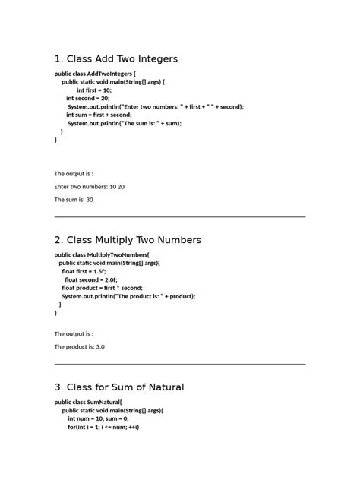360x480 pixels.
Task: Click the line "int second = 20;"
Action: point(87,98)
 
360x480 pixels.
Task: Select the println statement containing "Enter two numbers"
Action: point(155,106)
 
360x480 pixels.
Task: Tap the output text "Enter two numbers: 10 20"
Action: point(89,186)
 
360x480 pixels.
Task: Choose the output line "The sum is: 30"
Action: point(74,199)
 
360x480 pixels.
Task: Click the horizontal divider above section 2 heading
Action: point(179,217)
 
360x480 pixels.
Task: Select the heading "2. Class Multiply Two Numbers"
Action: point(128,240)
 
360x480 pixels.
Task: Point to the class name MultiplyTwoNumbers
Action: point(118,254)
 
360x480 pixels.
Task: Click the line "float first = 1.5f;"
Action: point(84,271)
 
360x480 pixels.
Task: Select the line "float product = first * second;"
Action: point(102,288)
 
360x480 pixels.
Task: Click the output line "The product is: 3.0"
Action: point(79,346)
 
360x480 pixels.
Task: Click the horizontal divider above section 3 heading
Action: point(179,365)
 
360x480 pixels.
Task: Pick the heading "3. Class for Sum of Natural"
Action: point(119,387)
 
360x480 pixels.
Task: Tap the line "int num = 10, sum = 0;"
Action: point(98,418)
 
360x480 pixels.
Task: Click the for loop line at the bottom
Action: point(103,427)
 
